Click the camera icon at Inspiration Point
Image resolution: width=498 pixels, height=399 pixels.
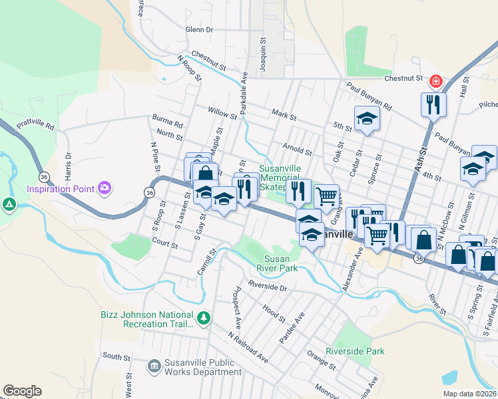click(105, 188)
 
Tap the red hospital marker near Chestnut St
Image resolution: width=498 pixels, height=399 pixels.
click(436, 81)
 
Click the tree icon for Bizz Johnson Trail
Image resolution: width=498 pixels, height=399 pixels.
click(204, 320)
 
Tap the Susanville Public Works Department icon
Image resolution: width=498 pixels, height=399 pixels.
click(154, 366)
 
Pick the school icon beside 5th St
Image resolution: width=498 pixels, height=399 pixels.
click(366, 119)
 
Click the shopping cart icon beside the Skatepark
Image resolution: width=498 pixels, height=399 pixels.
click(326, 196)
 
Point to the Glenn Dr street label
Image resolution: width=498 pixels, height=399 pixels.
click(199, 30)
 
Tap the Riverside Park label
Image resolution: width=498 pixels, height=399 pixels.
click(355, 351)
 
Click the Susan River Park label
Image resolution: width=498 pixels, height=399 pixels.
click(286, 263)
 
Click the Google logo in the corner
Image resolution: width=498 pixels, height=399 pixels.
click(22, 391)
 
